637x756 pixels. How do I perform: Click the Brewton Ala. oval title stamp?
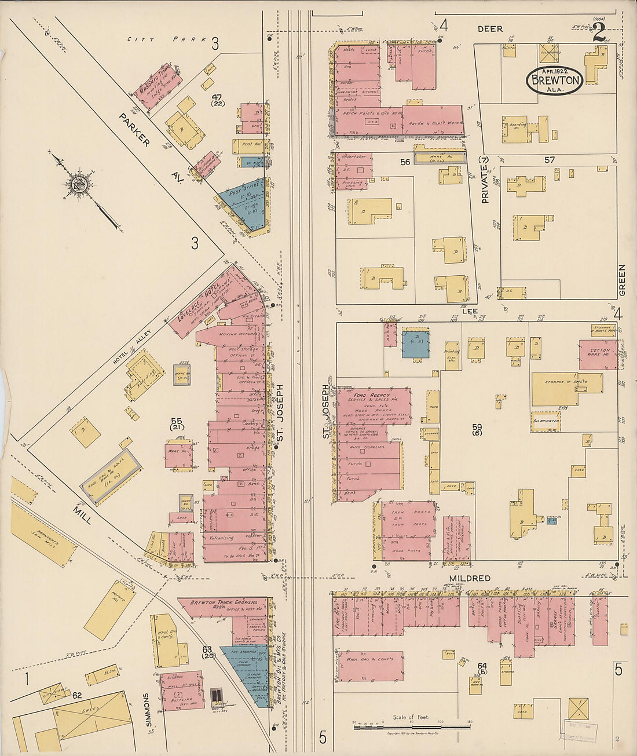[x=554, y=81]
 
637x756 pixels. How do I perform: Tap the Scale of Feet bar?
[x=412, y=726]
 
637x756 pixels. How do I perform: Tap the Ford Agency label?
[x=372, y=396]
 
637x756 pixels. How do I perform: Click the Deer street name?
[x=490, y=28]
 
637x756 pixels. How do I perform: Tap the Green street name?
[x=622, y=280]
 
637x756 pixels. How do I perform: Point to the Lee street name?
[x=470, y=311]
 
